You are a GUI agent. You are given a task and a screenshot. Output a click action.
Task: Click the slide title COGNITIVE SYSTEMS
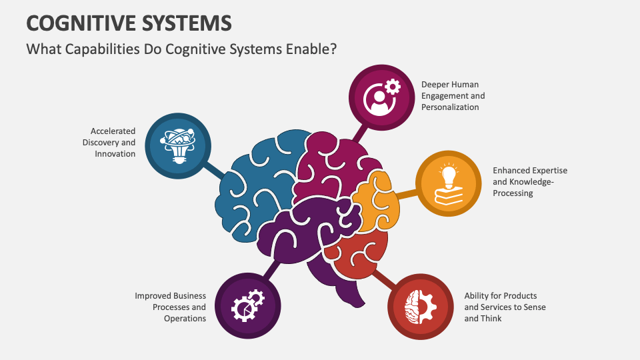[x=129, y=22]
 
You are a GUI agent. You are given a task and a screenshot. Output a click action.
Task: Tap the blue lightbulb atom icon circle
[x=177, y=145]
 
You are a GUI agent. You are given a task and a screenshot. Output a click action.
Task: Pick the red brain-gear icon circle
[x=421, y=306]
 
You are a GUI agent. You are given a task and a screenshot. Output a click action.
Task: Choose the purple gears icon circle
[x=247, y=306]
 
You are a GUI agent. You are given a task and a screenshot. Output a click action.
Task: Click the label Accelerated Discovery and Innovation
[x=109, y=142]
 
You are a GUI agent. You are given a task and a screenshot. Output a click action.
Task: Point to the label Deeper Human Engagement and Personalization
[x=453, y=96]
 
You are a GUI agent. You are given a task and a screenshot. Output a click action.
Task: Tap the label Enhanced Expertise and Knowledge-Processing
[x=529, y=182]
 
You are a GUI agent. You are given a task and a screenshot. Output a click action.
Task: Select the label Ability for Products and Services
[x=504, y=307]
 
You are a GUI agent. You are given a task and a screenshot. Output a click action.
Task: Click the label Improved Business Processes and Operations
[x=171, y=307]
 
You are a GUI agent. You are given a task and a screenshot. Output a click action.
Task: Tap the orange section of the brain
[x=377, y=200]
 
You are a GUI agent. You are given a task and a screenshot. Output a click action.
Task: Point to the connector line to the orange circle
[x=407, y=194]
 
